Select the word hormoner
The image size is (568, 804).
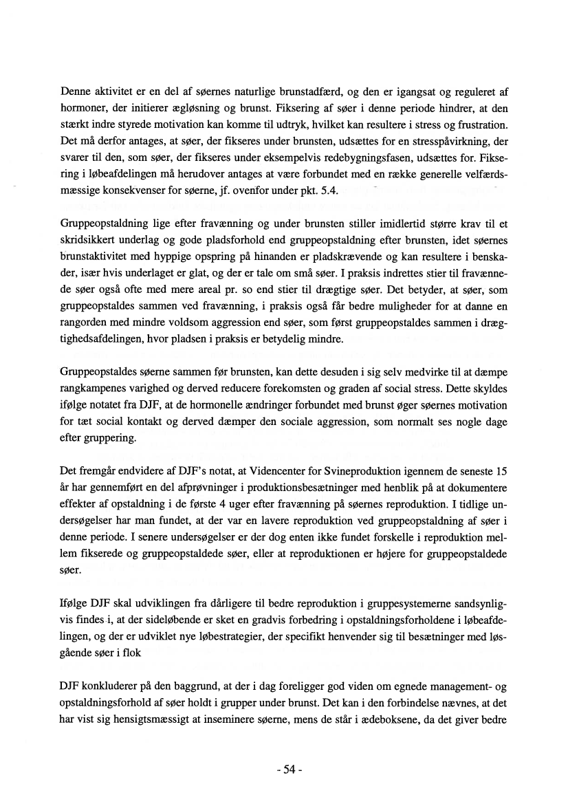83,109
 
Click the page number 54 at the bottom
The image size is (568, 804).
283,770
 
